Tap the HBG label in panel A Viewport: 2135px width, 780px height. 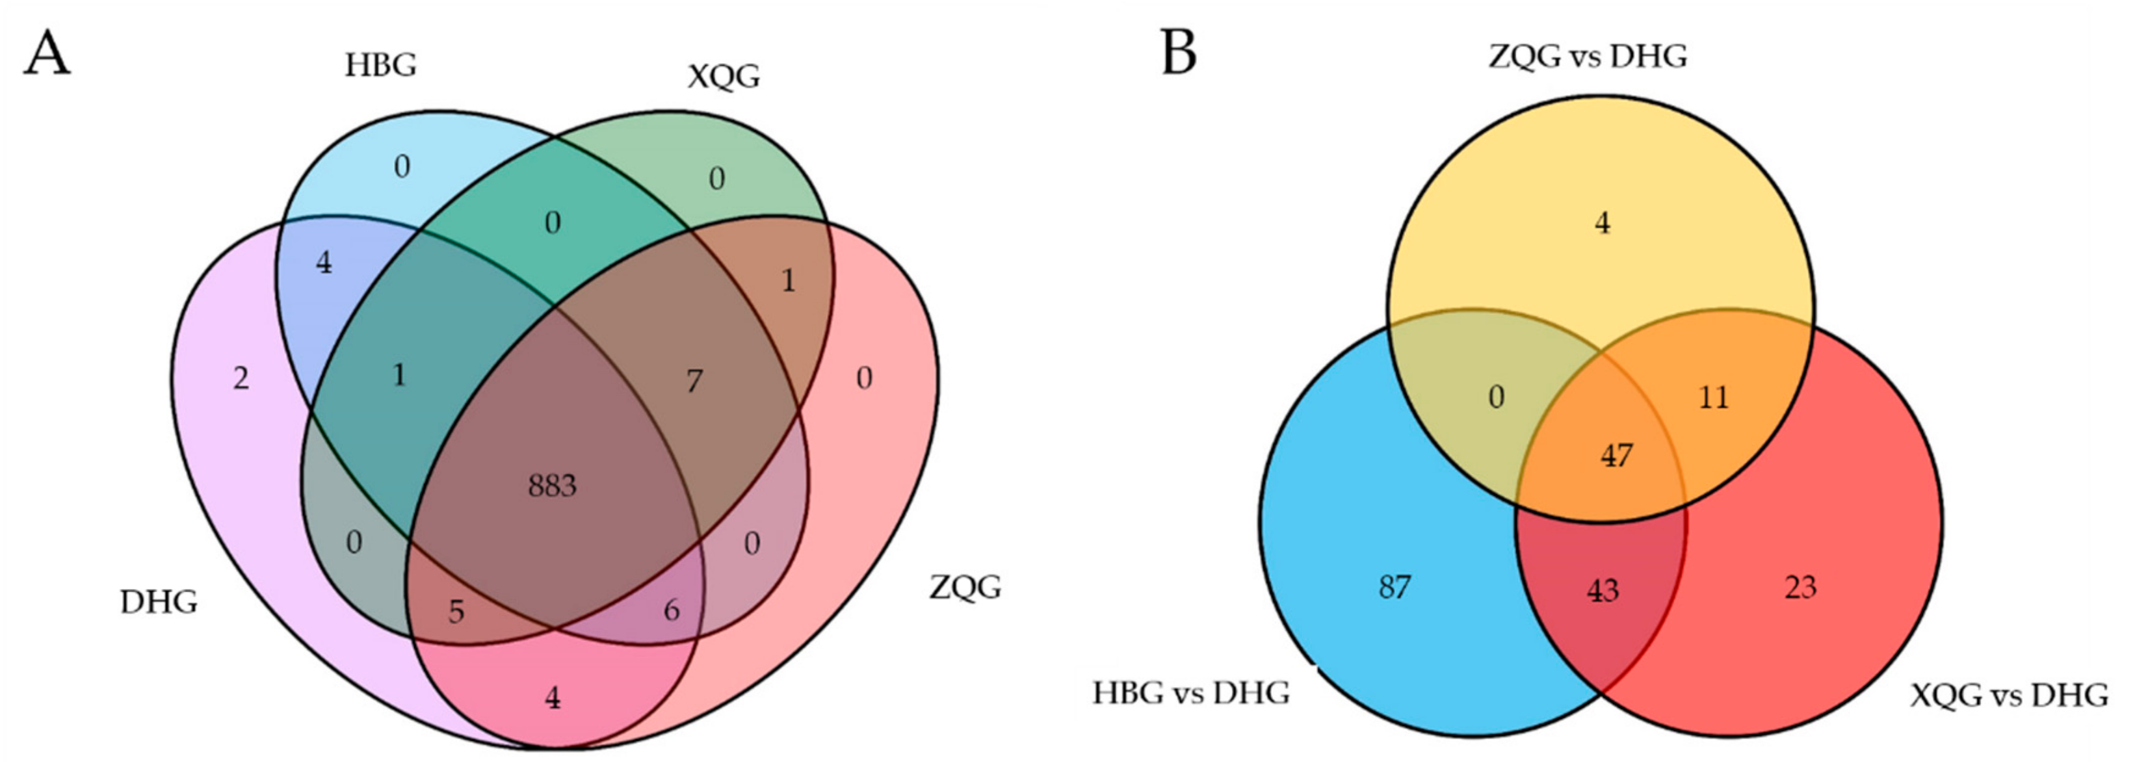click(380, 64)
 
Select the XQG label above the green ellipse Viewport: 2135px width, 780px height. click(724, 77)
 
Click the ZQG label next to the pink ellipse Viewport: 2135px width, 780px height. click(965, 587)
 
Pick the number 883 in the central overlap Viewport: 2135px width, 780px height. click(552, 486)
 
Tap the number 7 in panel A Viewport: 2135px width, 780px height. click(694, 382)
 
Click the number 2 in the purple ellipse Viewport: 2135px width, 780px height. click(241, 379)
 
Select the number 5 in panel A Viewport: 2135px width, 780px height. click(456, 612)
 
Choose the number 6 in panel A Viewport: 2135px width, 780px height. click(672, 610)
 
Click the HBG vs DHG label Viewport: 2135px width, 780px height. click(1191, 692)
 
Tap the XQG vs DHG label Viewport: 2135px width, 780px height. click(2008, 695)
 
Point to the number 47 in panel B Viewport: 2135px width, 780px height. click(1616, 455)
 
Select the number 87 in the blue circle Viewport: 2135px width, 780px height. click(1394, 587)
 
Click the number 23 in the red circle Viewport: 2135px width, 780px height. click(1800, 587)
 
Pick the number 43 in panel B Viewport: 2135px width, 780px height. click(1602, 590)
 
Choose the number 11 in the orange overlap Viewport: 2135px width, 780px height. click(1714, 398)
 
